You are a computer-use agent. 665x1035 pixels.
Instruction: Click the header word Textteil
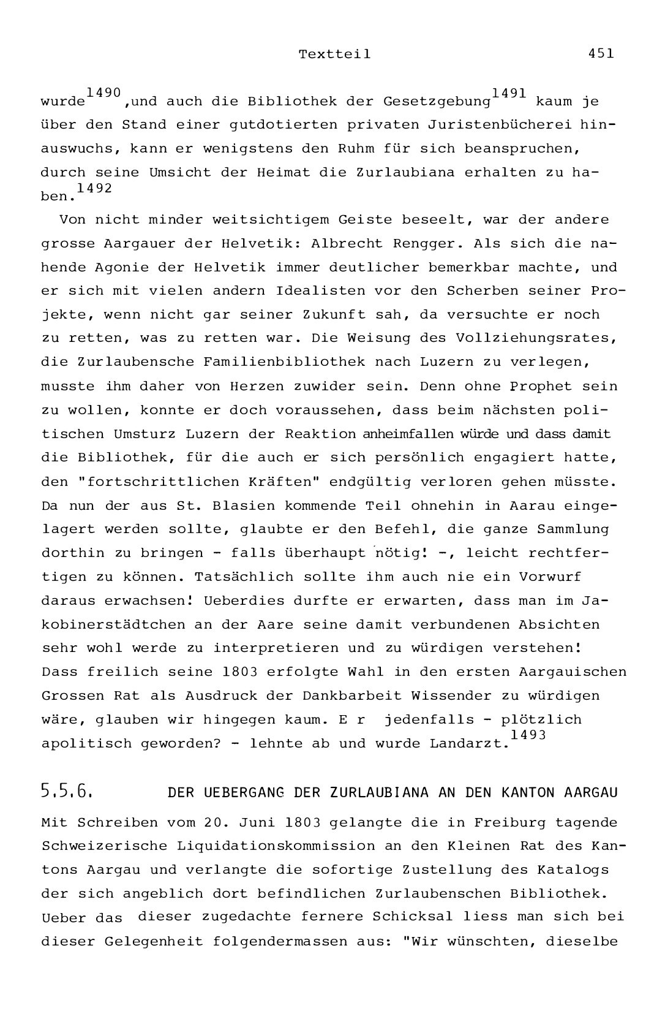tap(334, 54)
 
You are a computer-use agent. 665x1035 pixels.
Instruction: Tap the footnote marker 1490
tap(103, 92)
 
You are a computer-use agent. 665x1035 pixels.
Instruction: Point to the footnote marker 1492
tap(95, 188)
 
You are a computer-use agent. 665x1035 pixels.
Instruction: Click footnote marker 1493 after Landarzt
tap(528, 735)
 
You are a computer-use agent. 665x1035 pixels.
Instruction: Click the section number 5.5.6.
tap(66, 792)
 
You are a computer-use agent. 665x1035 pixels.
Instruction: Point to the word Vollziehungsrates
tap(534, 338)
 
